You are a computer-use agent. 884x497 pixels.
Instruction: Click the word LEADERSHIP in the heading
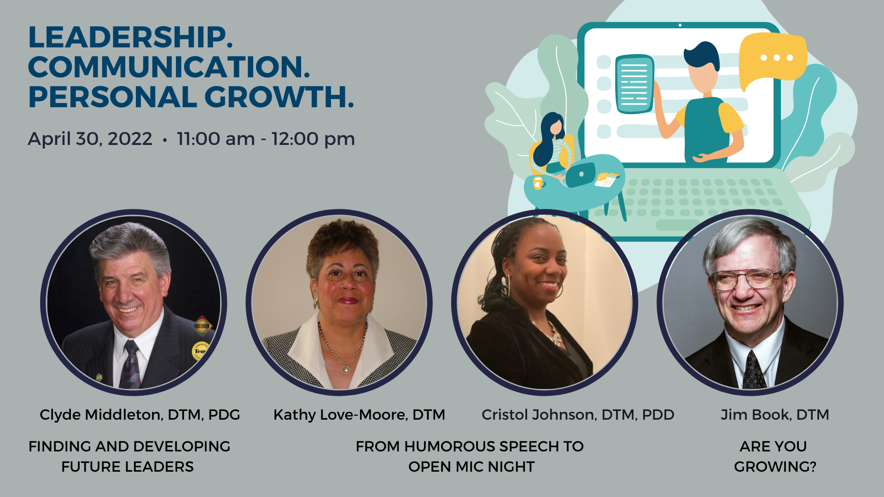click(130, 37)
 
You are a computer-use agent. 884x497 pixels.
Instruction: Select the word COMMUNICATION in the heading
click(169, 67)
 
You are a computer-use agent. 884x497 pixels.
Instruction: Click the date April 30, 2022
click(90, 139)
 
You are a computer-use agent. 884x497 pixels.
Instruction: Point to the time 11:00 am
click(215, 139)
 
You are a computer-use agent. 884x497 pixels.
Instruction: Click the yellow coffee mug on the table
click(538, 183)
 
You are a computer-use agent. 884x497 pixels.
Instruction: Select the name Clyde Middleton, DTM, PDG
click(140, 415)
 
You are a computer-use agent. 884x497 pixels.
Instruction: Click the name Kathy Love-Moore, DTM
click(359, 415)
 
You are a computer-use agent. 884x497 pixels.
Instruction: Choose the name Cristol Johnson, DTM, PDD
click(578, 415)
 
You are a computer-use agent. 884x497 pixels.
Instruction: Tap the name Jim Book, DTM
click(775, 415)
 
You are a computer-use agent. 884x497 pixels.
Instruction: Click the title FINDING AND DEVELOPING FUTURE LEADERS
click(129, 457)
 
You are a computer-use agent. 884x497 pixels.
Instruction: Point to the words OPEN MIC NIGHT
click(471, 467)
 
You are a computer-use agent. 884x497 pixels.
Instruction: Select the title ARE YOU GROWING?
click(775, 457)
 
